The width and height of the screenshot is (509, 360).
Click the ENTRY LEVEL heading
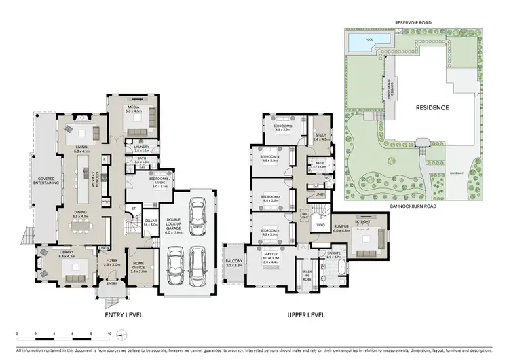122,315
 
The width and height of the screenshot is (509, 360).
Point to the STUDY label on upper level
321,136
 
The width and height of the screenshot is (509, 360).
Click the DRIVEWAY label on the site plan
456,173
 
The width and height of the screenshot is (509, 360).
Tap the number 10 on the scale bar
109,334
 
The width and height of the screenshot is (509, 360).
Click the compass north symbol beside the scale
121,335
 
